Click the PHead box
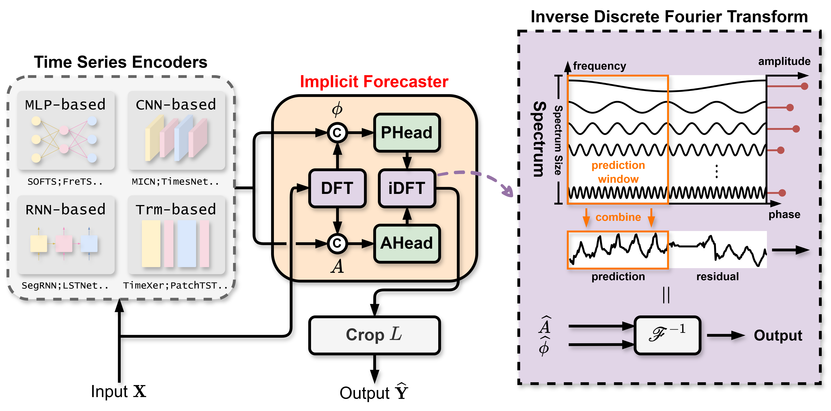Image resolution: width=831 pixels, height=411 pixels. (407, 132)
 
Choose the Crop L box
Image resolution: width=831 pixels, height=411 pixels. (374, 335)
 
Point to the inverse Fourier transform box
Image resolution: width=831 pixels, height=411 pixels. (667, 335)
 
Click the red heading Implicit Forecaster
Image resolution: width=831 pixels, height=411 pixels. (374, 82)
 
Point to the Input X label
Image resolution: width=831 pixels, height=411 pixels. (118, 392)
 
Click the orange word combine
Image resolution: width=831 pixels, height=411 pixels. (618, 217)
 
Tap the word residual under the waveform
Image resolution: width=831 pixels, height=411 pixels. (718, 277)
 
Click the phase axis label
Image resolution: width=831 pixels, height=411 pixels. (784, 214)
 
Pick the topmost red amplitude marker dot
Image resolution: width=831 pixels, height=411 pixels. (805, 86)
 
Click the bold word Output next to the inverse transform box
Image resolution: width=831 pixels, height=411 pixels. (778, 335)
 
